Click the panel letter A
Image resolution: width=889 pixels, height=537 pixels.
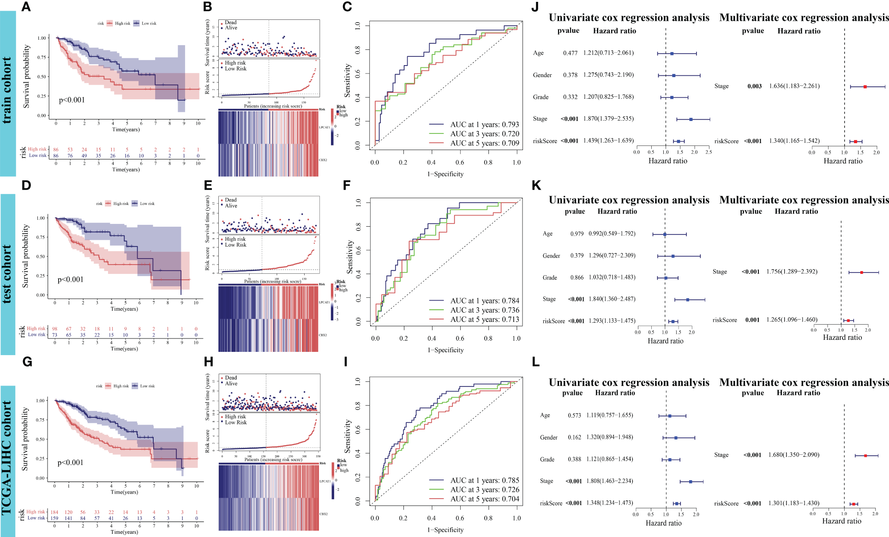pos(26,7)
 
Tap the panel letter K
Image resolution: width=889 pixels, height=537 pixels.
pos(536,186)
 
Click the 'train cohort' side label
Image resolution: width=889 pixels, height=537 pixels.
pos(7,91)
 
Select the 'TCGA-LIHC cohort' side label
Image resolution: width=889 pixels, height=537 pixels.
pos(7,458)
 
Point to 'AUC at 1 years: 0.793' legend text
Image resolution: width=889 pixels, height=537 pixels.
pos(484,125)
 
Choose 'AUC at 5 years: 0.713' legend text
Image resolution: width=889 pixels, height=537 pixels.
pos(484,320)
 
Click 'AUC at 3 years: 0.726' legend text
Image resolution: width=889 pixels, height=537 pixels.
pos(484,490)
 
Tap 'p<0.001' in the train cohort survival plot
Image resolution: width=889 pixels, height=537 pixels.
pos(72,100)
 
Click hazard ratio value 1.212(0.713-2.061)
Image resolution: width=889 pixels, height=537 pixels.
pos(608,53)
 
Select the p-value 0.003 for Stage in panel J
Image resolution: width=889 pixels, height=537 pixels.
pos(754,86)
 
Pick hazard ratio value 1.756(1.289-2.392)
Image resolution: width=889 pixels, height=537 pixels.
pos(792,272)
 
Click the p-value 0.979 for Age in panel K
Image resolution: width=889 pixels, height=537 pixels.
pos(577,234)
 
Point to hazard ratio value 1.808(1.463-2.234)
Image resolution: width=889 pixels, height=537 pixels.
pos(609,481)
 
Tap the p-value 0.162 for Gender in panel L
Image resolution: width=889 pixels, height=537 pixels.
pos(574,437)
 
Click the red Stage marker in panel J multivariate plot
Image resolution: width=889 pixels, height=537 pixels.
pos(865,86)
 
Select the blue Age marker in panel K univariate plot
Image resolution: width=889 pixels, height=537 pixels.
pos(665,234)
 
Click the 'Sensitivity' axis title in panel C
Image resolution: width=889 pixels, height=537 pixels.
pos(348,81)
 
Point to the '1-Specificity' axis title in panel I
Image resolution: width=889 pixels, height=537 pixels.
pos(445,530)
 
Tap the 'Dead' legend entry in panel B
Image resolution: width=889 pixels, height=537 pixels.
pos(230,23)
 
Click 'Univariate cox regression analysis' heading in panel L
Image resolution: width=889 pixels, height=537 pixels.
pos(629,383)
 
